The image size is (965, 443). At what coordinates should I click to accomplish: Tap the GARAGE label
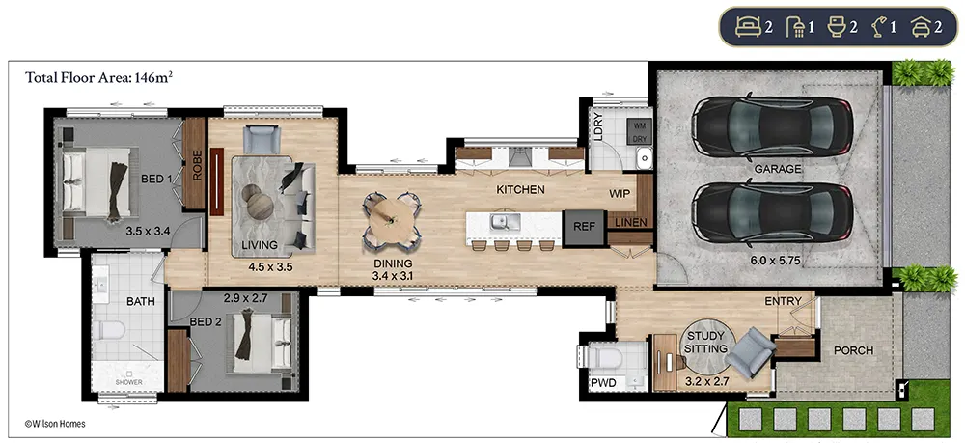pyautogui.click(x=778, y=169)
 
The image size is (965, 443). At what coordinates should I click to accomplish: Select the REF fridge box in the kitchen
pyautogui.click(x=584, y=227)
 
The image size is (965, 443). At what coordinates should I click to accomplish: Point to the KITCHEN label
pyautogui.click(x=520, y=189)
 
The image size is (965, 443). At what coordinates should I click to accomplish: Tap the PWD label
pyautogui.click(x=603, y=383)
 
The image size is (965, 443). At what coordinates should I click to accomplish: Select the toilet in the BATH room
pyautogui.click(x=109, y=331)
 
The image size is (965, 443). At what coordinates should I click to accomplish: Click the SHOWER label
pyautogui.click(x=128, y=382)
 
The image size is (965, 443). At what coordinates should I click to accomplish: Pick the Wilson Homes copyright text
pyautogui.click(x=55, y=424)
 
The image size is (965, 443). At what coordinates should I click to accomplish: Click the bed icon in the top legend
pyautogui.click(x=749, y=27)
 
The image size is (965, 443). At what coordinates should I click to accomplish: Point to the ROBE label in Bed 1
pyautogui.click(x=197, y=165)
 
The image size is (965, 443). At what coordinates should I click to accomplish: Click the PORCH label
pyautogui.click(x=853, y=350)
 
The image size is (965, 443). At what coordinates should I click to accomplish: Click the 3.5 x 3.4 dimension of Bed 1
pyautogui.click(x=149, y=232)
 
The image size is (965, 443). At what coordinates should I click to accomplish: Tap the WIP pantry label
pyautogui.click(x=620, y=194)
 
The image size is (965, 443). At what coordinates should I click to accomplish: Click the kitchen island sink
pyautogui.click(x=504, y=222)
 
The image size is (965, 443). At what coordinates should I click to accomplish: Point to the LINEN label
pyautogui.click(x=631, y=222)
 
